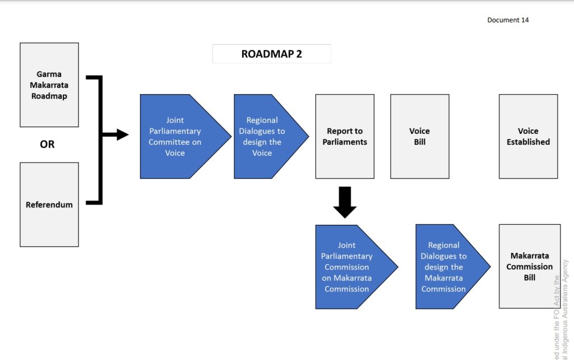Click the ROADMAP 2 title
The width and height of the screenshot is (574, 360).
(x=271, y=54)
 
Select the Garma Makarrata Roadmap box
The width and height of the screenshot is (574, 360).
(x=49, y=85)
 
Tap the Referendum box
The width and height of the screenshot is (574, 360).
(x=49, y=205)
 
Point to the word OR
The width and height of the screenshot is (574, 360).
(x=47, y=144)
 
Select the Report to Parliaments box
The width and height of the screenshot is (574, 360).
(x=345, y=136)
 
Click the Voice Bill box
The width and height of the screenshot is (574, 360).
(x=419, y=136)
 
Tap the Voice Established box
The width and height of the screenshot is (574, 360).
(x=528, y=136)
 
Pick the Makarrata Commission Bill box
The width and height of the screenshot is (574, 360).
(x=529, y=266)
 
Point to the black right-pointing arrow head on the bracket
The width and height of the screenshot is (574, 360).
(x=122, y=135)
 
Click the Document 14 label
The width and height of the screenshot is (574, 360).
(x=508, y=20)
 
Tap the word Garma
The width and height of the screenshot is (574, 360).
(x=49, y=74)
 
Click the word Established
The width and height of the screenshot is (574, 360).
(x=528, y=142)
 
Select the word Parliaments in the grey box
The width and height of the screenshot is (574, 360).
(x=345, y=142)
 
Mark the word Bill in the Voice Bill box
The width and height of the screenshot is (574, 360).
(x=420, y=142)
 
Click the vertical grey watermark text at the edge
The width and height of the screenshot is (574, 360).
(x=561, y=314)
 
